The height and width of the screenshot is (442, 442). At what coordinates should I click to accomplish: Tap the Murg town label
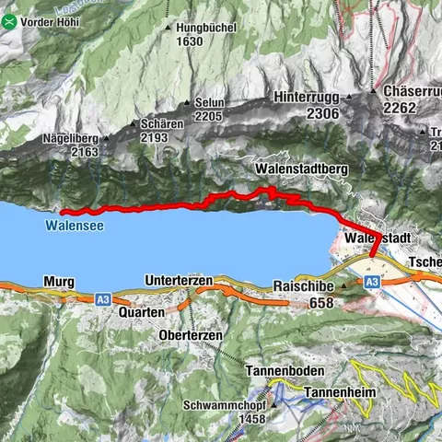57,281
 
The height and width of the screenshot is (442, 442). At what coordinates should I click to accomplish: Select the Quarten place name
141,313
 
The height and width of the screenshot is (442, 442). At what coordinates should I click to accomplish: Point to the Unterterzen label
180,280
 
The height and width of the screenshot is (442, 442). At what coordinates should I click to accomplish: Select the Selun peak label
204,102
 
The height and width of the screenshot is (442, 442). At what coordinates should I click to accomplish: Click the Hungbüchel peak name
191,28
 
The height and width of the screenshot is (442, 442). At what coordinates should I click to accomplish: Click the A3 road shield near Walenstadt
372,283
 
